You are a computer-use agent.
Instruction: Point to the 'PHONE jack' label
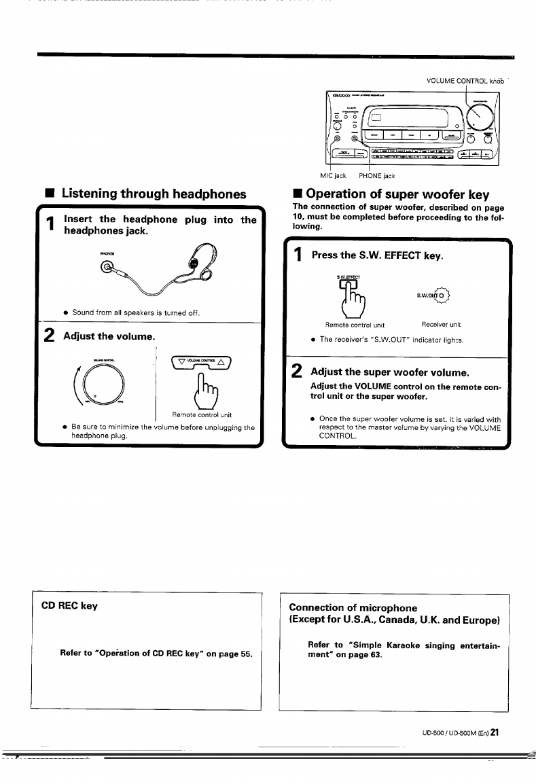click(376, 176)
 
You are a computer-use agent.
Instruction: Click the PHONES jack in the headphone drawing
click(107, 268)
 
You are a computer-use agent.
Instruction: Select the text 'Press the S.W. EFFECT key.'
click(377, 255)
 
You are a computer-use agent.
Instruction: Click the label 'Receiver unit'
click(441, 324)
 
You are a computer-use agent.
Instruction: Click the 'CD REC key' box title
click(69, 605)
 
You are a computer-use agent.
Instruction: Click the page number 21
click(495, 732)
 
